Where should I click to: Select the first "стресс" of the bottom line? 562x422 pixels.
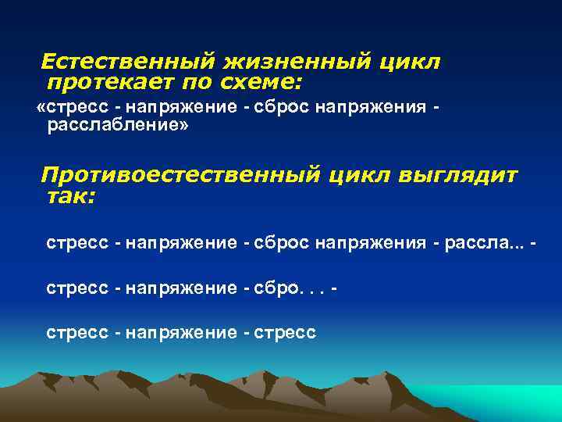pyautogui.click(x=77, y=333)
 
